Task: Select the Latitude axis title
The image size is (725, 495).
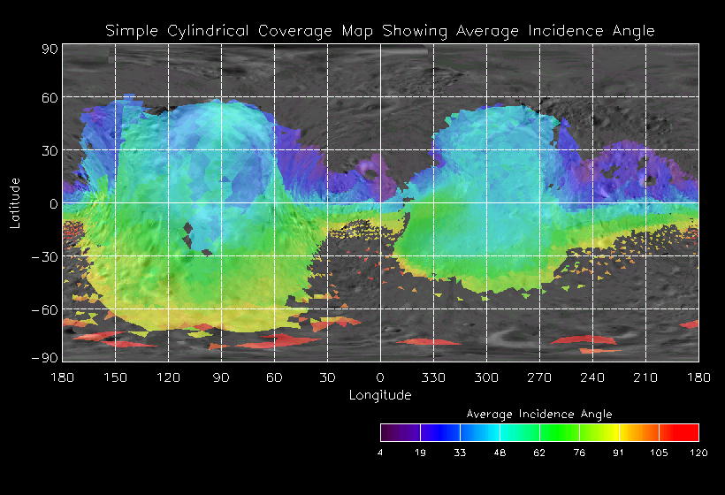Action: pyautogui.click(x=15, y=202)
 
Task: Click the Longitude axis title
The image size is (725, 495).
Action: pyautogui.click(x=380, y=394)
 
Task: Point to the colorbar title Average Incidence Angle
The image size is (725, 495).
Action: pyautogui.click(x=539, y=414)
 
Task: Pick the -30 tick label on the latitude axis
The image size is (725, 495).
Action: pyautogui.click(x=44, y=256)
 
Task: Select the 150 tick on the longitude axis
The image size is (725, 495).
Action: pyautogui.click(x=115, y=377)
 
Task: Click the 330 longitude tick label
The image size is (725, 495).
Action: pyautogui.click(x=433, y=377)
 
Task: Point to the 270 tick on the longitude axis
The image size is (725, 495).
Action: pyautogui.click(x=539, y=377)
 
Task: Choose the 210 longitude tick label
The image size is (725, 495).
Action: pyautogui.click(x=645, y=377)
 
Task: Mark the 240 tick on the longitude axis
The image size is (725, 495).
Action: pyautogui.click(x=592, y=377)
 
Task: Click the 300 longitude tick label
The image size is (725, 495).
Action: pyautogui.click(x=486, y=377)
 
